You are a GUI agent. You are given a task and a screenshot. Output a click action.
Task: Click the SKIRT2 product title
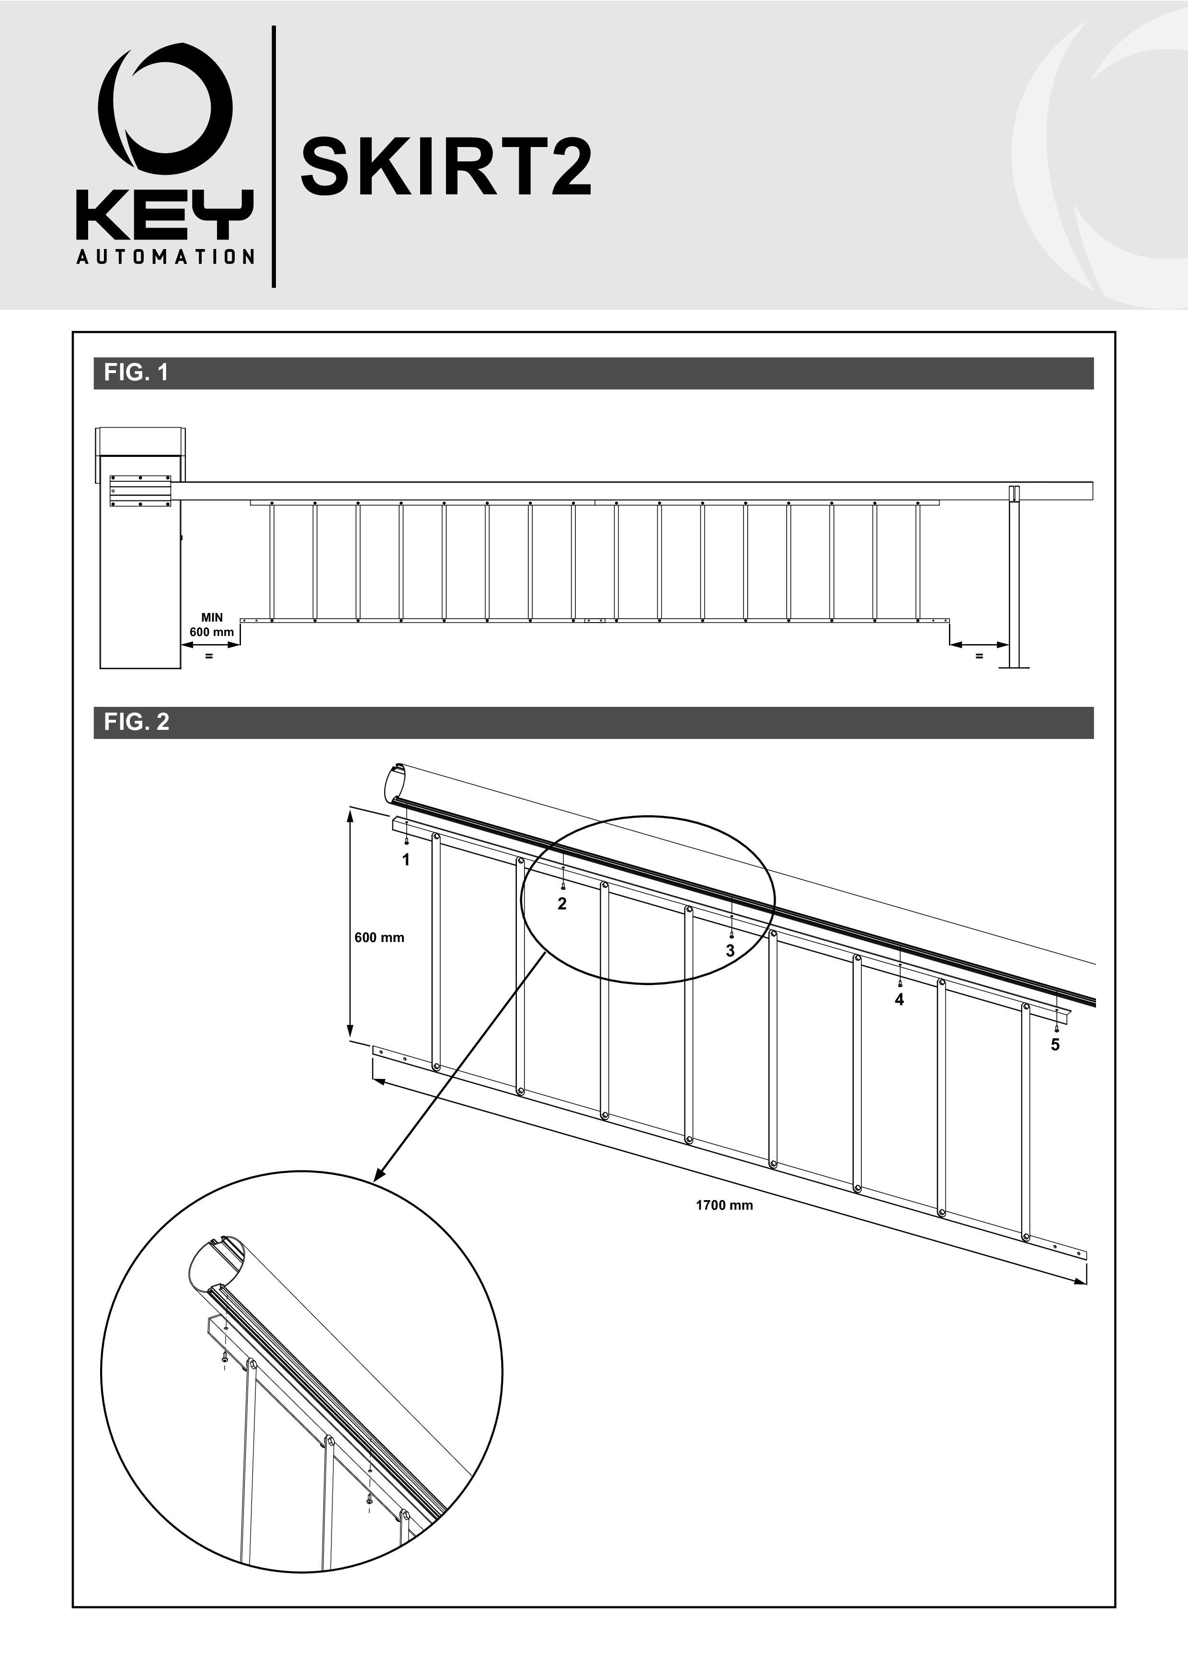pos(446,169)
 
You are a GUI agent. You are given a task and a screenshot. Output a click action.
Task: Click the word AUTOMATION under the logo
pos(165,257)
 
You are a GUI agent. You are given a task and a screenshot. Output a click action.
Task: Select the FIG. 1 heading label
pos(136,373)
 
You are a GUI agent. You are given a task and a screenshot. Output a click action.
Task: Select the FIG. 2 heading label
pos(136,722)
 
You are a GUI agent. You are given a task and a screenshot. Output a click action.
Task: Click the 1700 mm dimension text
pos(724,1205)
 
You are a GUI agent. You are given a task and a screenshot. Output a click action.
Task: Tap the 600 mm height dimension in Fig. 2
pos(379,937)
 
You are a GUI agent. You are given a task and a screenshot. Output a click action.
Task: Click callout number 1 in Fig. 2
pos(406,860)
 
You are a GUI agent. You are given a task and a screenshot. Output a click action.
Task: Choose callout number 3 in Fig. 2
pos(730,951)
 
